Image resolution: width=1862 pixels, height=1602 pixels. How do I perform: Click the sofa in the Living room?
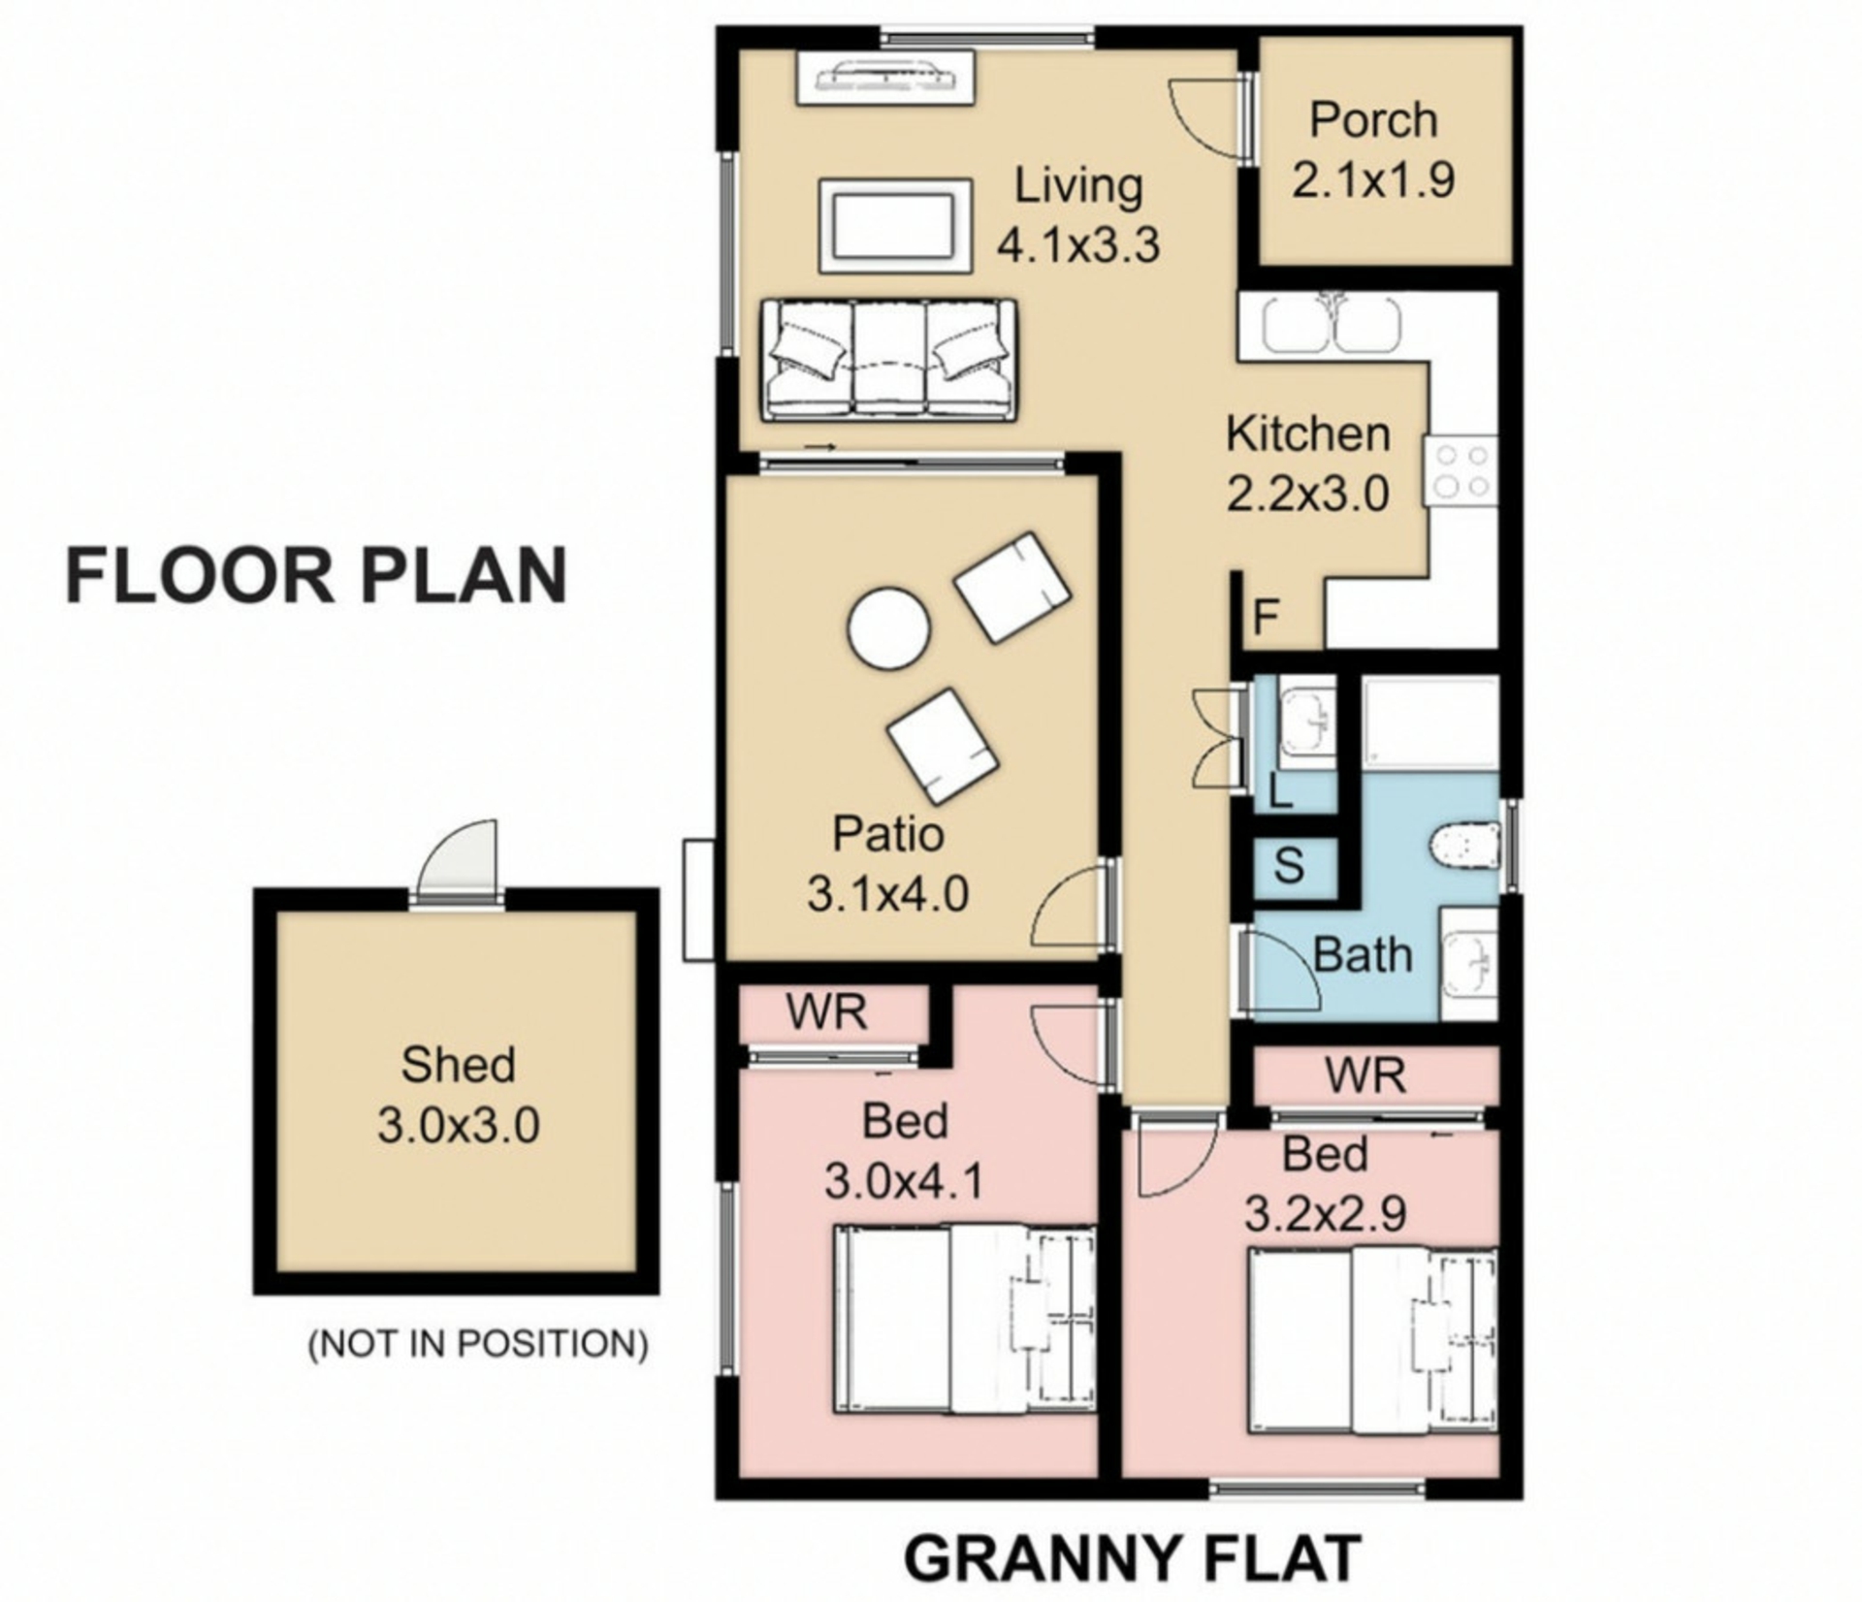pos(888,360)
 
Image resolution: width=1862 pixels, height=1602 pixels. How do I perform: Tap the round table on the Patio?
pos(888,628)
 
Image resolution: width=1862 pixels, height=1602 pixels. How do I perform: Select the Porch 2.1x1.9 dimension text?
pos(1373,179)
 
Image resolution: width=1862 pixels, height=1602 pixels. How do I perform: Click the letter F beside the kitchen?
pos(1267,617)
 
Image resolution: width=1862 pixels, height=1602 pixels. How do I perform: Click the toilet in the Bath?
pos(1464,845)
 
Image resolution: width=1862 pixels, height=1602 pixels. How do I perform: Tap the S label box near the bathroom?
pos(1289,865)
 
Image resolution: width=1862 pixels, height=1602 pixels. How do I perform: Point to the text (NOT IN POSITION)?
pos(478,1344)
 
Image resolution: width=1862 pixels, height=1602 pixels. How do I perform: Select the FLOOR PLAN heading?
pos(316,576)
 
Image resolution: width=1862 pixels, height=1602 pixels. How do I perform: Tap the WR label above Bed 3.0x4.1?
pos(826,1012)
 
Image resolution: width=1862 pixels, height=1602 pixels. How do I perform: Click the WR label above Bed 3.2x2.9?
pos(1365,1075)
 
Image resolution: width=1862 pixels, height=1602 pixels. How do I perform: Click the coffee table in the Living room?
pos(895,225)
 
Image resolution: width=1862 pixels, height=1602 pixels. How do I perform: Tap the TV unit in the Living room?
pos(885,77)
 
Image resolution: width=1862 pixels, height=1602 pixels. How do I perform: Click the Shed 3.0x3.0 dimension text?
pos(459,1127)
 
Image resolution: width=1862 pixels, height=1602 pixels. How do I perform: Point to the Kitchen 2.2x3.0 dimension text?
pos(1308,494)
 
